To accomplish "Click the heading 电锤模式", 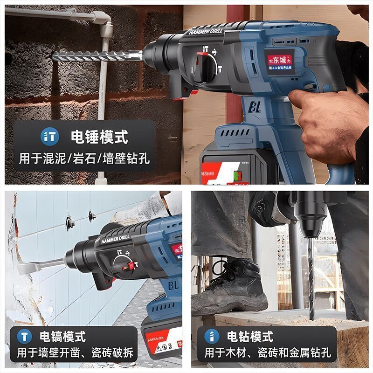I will [99, 137].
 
